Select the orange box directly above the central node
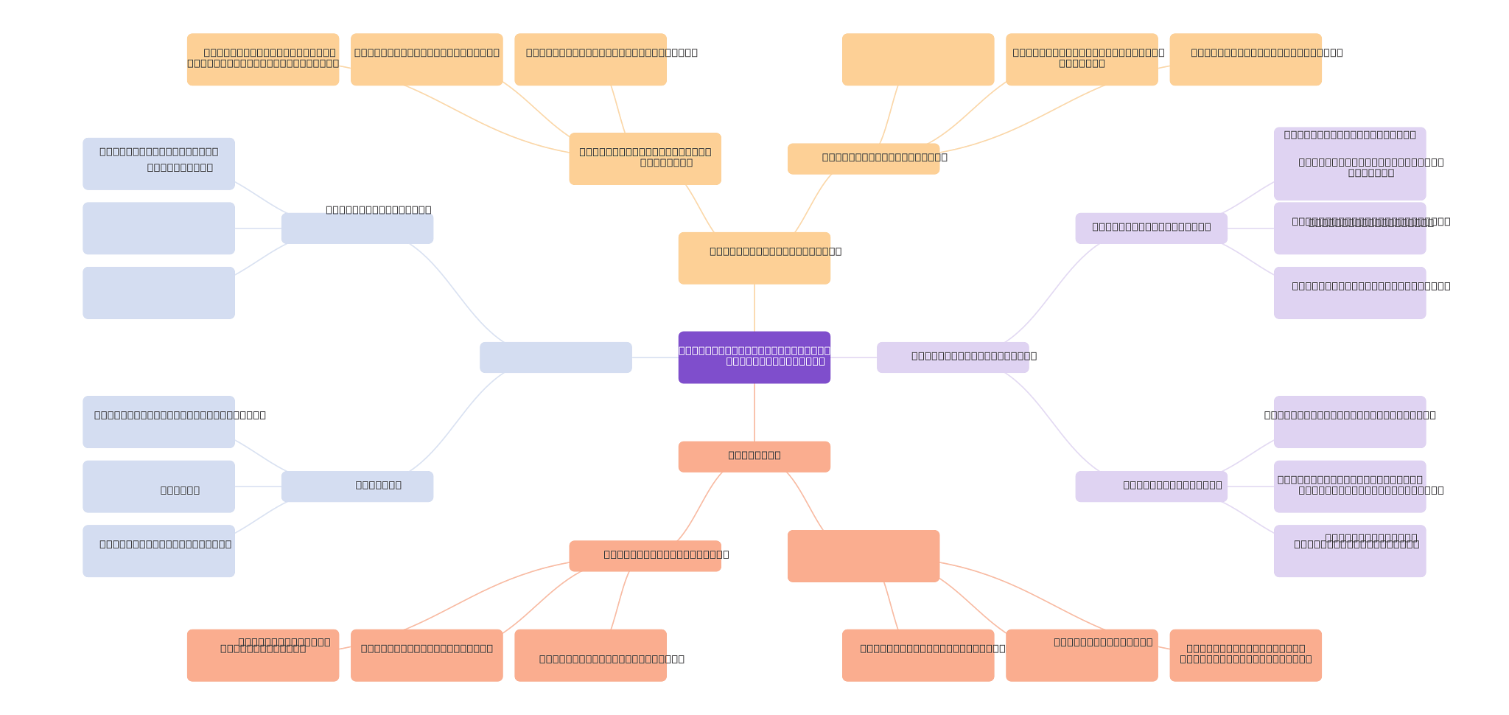[754, 258]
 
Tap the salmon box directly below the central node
[754, 456]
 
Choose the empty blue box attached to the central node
[556, 357]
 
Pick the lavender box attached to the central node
[952, 357]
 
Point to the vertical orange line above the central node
[754, 307]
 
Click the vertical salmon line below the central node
[754, 412]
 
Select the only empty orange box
[918, 59]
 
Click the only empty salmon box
[863, 556]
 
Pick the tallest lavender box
[1350, 163]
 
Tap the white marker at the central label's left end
[674, 351]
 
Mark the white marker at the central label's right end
[834, 351]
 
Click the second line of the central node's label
[775, 361]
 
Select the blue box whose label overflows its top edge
[357, 229]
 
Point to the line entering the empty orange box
[889, 114]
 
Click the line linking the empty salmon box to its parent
[805, 501]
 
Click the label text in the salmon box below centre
[754, 456]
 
